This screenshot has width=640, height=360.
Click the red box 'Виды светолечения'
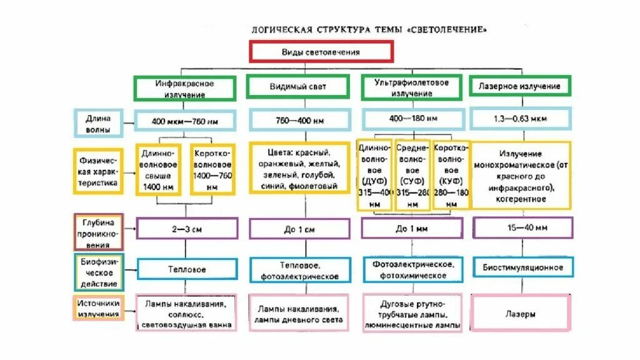[321, 52]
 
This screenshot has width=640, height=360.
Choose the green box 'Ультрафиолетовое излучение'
[412, 87]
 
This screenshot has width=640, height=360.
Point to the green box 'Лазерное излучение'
[519, 86]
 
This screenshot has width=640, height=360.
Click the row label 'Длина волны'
[99, 124]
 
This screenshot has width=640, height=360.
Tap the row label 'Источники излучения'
[99, 307]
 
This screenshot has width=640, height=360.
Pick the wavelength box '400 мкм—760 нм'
[186, 119]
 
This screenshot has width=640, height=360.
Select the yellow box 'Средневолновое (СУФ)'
[412, 174]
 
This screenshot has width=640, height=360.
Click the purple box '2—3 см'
[187, 229]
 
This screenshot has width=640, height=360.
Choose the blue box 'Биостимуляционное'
[522, 267]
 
